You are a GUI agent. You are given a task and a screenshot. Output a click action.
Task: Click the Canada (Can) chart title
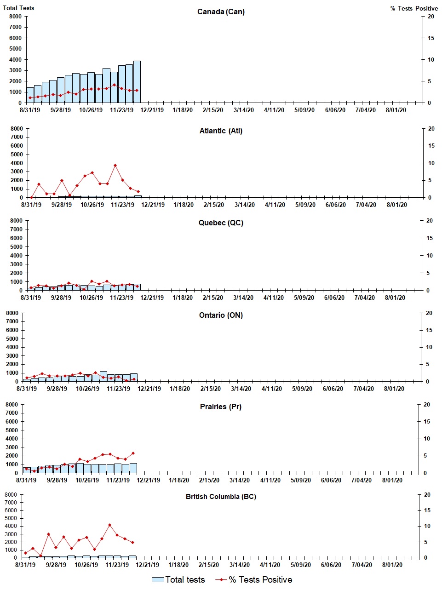tap(221, 11)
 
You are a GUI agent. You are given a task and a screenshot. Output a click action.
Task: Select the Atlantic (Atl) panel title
tap(221, 131)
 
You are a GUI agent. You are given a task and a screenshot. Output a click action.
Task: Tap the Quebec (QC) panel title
tap(221, 223)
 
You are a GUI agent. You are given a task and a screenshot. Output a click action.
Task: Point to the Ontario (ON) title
tap(221, 315)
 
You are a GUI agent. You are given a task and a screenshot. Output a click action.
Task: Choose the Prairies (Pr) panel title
tap(221, 407)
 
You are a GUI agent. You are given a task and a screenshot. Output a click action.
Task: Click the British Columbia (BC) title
tap(221, 497)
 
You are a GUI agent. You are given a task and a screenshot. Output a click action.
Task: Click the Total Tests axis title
tap(18, 8)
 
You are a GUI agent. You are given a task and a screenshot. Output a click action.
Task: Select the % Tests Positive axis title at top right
tap(414, 8)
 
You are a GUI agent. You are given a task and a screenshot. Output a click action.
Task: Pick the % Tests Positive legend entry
tap(253, 580)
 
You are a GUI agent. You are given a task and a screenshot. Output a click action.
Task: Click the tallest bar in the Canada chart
tap(137, 82)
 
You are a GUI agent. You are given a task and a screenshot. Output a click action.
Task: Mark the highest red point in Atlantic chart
tap(115, 166)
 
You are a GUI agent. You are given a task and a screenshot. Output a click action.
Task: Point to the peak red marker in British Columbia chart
tap(109, 525)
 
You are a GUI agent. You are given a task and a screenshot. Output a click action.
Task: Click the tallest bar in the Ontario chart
tap(103, 376)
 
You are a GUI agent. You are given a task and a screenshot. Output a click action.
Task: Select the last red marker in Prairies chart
tap(133, 453)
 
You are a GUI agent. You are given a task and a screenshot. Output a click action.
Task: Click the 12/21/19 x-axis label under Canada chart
tap(152, 110)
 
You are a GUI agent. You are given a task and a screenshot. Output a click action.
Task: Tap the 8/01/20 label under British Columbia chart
tap(392, 565)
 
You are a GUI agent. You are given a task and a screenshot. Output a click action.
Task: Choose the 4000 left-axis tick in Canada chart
tap(16, 60)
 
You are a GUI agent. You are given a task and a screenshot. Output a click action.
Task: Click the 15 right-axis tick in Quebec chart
tap(429, 238)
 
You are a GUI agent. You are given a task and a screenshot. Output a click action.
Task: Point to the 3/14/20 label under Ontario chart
tap(241, 389)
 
